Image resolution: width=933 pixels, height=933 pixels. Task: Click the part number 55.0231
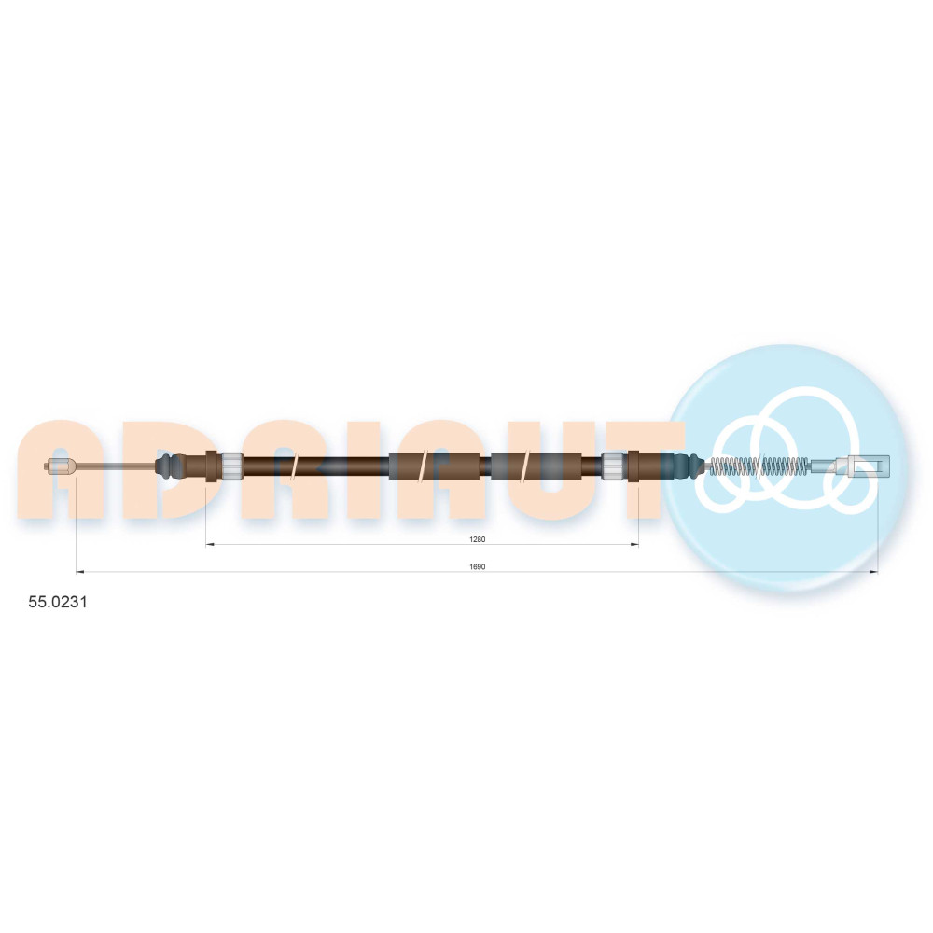coord(58,602)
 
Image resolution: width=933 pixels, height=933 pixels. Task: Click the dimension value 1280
coord(477,539)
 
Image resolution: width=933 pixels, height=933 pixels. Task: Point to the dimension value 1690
coord(477,566)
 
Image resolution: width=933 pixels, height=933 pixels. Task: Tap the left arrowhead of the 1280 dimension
coord(209,544)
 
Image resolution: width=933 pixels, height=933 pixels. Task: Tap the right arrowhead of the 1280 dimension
coord(634,544)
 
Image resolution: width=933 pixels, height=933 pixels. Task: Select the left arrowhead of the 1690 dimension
coord(79,572)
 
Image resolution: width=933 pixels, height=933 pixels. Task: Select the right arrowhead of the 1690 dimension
coord(874,572)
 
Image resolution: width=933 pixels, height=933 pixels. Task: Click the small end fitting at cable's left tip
coord(60,466)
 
